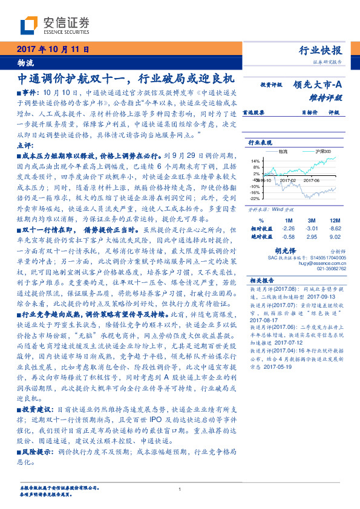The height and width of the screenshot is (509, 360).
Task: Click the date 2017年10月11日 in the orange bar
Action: pos(53,50)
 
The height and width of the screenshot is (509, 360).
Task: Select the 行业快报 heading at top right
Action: pos(321,50)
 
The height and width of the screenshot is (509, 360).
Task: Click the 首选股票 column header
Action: pos(254,112)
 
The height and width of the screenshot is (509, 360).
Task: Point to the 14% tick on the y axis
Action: pos(255,160)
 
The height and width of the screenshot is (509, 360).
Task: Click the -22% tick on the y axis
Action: pos(255,198)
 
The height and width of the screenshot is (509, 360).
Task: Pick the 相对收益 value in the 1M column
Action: pos(289,228)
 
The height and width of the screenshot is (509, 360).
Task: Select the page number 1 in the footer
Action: pos(180,489)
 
